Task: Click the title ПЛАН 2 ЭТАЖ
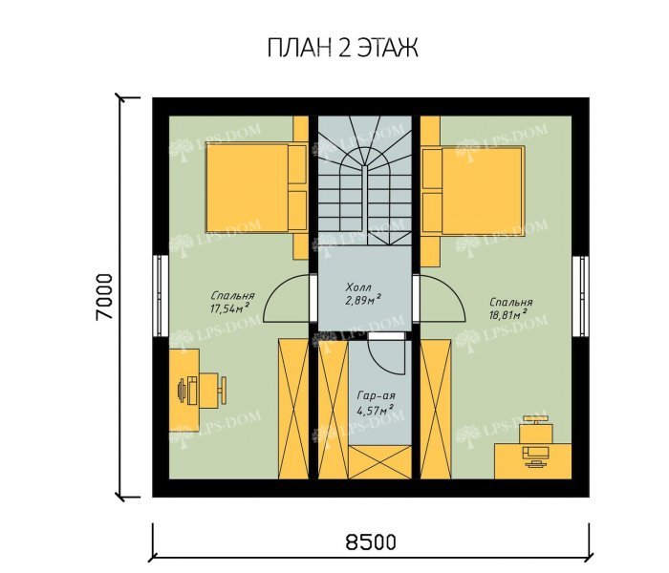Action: (x=342, y=48)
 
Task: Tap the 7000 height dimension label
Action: (x=104, y=297)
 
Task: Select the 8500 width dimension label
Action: (x=371, y=541)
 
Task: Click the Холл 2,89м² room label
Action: (x=362, y=293)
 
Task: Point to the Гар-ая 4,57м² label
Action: (x=376, y=403)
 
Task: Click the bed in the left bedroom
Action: (x=256, y=188)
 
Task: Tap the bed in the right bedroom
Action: (x=472, y=191)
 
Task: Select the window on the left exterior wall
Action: (x=161, y=295)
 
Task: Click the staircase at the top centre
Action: (x=364, y=180)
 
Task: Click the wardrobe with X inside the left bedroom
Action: (x=293, y=409)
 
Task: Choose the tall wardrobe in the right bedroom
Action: (x=436, y=409)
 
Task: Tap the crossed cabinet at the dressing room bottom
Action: (x=380, y=462)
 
